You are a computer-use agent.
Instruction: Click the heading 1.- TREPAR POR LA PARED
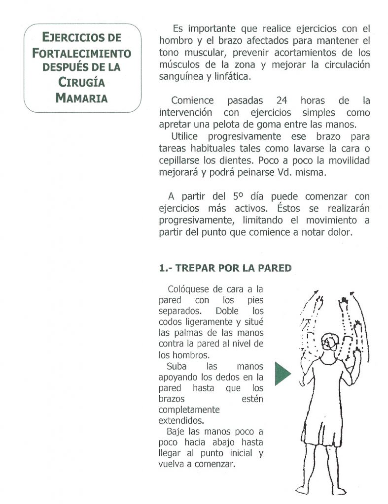(225, 268)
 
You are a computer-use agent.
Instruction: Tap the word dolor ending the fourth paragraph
(340, 232)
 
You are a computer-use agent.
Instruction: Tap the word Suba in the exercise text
(177, 367)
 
